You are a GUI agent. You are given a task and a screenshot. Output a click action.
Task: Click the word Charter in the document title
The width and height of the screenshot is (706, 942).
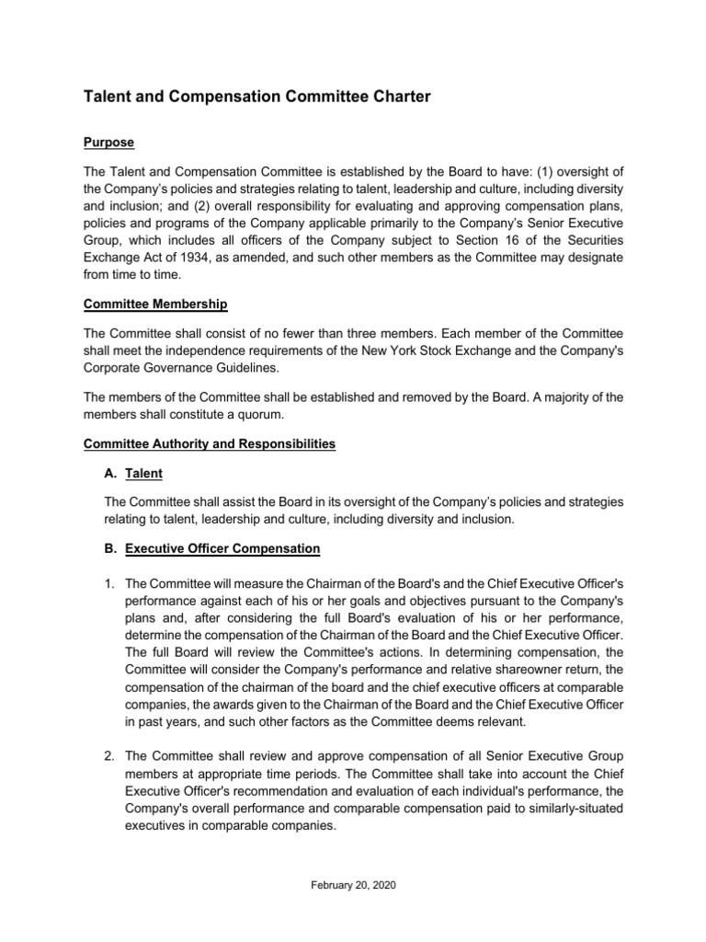pos(392,97)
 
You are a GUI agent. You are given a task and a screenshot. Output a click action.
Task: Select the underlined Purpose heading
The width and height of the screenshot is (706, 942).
pos(108,143)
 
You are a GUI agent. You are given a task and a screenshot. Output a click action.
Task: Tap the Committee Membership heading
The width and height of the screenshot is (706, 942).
pos(155,304)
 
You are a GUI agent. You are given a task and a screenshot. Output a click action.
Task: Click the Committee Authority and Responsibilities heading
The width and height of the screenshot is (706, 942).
pos(209,444)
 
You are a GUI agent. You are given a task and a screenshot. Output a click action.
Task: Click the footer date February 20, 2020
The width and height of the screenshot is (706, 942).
pos(352,885)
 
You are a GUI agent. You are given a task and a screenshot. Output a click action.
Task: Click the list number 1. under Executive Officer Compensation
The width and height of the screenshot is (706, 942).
pos(109,583)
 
